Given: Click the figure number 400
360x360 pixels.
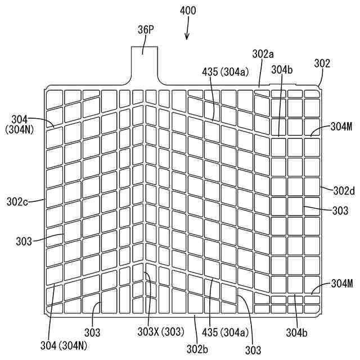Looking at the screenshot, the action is coord(188,11).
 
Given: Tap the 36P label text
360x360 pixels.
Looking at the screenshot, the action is coord(146,29).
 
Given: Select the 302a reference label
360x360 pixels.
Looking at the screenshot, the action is coord(263,54).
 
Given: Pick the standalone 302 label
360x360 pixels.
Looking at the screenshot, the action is coord(322,64).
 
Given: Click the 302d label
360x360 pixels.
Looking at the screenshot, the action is coord(344,191).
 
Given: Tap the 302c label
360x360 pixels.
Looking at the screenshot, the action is coord(18,200).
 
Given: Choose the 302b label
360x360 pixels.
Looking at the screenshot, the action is coord(199,349).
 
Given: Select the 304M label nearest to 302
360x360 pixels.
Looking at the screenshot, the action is coord(341,127).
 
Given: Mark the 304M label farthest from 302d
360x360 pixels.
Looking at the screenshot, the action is coord(341,283).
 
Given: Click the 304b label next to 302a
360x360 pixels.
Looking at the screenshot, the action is coord(281,70).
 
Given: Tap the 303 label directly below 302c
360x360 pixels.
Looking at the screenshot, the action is coord(24,241).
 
